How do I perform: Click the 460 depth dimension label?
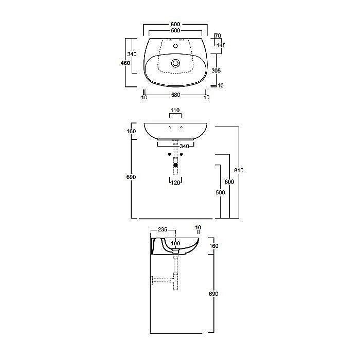coord(125,63)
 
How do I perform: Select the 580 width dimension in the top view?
coord(176,95)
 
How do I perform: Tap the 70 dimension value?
coord(218,35)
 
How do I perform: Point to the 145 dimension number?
coord(221,45)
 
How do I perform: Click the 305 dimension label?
coord(216,70)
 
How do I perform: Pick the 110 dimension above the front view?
coord(175,110)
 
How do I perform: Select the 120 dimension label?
coord(176,183)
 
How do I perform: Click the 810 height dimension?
coord(239,170)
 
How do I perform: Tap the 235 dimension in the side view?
coord(163,229)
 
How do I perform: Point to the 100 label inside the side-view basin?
coord(176,243)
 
